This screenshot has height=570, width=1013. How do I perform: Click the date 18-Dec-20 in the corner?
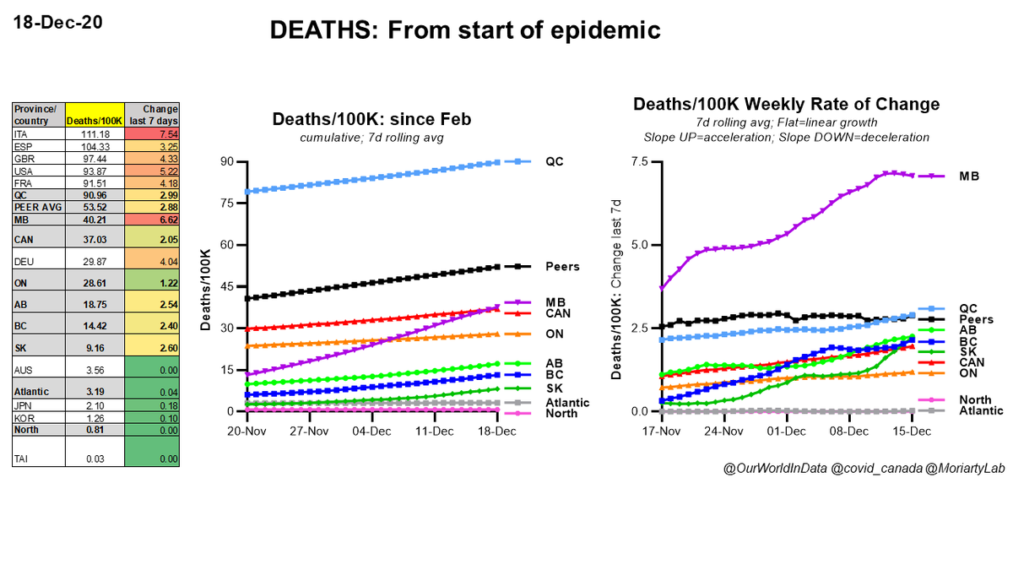(57, 22)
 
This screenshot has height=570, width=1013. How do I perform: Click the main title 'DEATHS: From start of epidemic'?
(465, 32)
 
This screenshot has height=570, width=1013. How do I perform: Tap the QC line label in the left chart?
(555, 161)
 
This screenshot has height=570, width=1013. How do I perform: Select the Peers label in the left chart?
(562, 266)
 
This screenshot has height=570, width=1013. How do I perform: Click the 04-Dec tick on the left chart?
(371, 430)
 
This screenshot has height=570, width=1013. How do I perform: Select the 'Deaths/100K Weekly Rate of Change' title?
(786, 105)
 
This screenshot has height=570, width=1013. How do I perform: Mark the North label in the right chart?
(974, 399)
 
